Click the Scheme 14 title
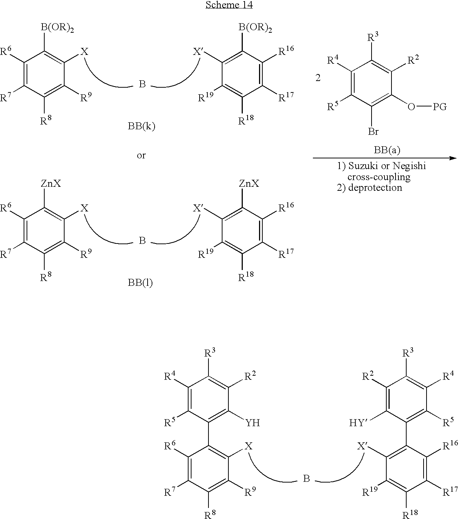pyautogui.click(x=229, y=5)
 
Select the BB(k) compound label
pyautogui.click(x=141, y=126)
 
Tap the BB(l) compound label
pyautogui.click(x=140, y=283)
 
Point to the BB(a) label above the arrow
pyautogui.click(x=387, y=150)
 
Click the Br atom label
pyautogui.click(x=373, y=131)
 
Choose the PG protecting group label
pyautogui.click(x=440, y=106)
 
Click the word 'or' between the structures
pyautogui.click(x=141, y=155)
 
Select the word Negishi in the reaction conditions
pyautogui.click(x=409, y=166)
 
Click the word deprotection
pyautogui.click(x=375, y=188)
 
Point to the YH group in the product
pyautogui.click(x=253, y=423)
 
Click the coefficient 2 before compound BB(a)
pyautogui.click(x=318, y=78)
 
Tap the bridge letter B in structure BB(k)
pyautogui.click(x=142, y=84)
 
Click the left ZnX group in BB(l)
pyautogui.click(x=51, y=183)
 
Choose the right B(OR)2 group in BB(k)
pyautogui.click(x=255, y=28)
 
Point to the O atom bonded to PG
pyautogui.click(x=411, y=107)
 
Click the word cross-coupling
pyautogui.click(x=379, y=177)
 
